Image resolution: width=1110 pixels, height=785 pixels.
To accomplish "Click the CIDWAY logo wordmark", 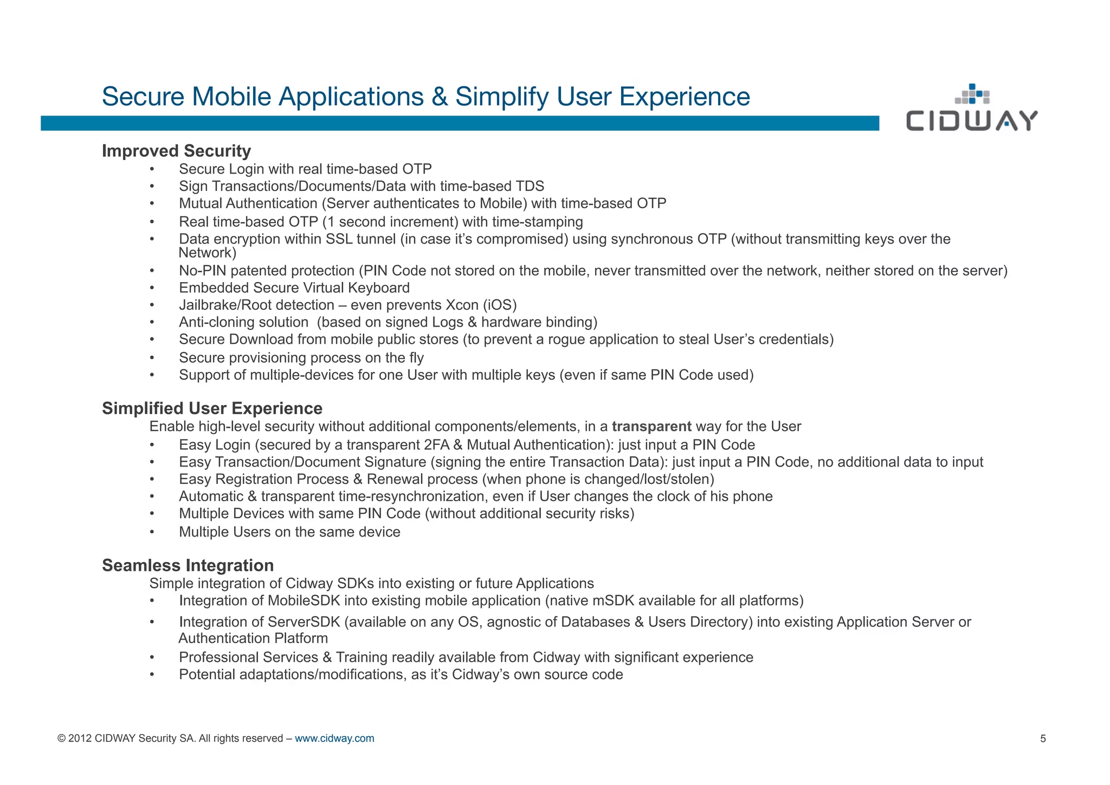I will coord(971,120).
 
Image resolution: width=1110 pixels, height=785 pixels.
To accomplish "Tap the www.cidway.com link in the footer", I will coord(334,738).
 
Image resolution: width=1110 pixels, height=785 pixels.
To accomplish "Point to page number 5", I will coord(1043,738).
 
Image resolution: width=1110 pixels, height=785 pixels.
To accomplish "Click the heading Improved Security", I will coord(176,151).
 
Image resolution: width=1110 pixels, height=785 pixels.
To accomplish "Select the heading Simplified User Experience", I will coord(212,409).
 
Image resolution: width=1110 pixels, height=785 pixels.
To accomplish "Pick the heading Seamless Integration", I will coord(188,565).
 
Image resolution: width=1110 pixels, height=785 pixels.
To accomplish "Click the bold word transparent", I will coord(651,426).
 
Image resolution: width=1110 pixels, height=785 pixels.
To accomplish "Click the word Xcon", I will coord(462,305).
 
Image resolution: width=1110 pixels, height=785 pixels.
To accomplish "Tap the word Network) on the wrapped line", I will coord(207,253).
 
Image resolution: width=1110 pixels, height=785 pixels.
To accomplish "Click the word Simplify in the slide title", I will coord(501,97).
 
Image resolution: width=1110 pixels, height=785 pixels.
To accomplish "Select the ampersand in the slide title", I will coord(440,97).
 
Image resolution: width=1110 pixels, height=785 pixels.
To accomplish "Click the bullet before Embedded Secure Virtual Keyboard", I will coord(152,288).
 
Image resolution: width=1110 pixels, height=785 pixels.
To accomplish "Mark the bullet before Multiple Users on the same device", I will coord(152,532).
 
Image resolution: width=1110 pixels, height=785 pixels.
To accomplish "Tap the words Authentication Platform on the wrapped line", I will coord(253,639).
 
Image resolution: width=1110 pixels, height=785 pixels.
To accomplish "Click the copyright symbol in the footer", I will coord(61,738).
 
